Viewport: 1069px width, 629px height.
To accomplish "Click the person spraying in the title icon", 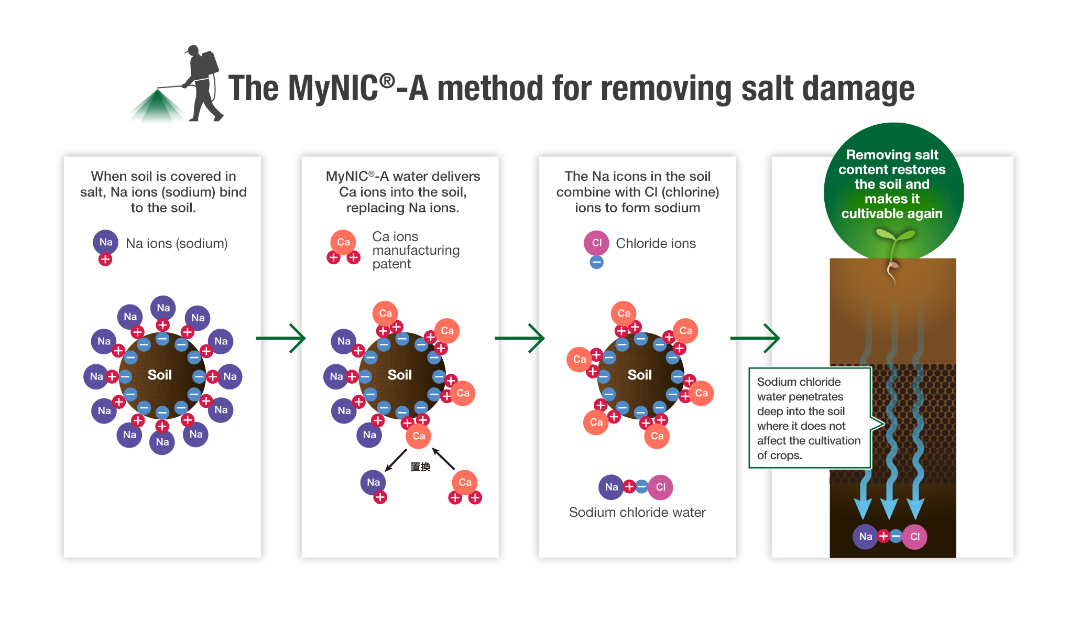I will (x=202, y=84).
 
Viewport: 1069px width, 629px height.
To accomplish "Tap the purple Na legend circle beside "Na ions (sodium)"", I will (x=105, y=242).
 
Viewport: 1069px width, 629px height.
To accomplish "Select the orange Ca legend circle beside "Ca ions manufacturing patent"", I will (x=343, y=242).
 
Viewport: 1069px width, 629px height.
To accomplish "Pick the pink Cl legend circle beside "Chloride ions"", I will (x=596, y=243).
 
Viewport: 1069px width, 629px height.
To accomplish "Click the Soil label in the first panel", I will (x=160, y=375).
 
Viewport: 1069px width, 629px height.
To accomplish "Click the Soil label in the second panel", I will (x=400, y=375).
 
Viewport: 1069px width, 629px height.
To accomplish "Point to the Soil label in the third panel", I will (x=640, y=375).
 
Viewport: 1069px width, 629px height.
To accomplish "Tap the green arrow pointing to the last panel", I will (x=755, y=338).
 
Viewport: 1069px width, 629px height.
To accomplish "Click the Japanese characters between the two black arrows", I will (x=420, y=467).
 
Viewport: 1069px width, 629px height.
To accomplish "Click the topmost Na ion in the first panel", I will (x=163, y=308).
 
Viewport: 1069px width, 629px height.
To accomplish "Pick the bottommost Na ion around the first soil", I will (x=162, y=442).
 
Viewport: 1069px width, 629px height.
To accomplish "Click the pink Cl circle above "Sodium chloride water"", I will (x=661, y=487).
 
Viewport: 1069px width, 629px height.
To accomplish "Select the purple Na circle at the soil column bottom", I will (x=866, y=536).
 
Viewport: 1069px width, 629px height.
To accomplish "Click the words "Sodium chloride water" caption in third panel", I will (x=637, y=512).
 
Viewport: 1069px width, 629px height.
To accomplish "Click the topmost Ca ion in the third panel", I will (x=624, y=313).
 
